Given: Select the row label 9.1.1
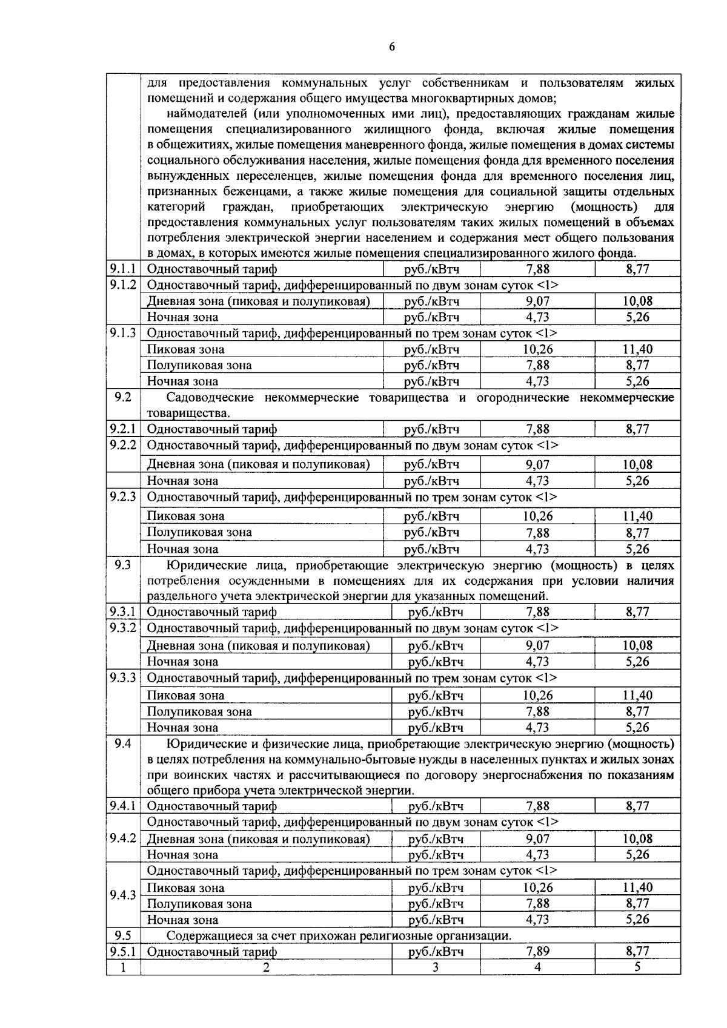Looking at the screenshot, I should coord(123,269).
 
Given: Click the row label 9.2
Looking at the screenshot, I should coord(123,398).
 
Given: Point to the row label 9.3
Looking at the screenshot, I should coord(123,565).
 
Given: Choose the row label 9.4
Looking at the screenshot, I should coord(123,743).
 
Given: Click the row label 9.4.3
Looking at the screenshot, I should coord(123,895).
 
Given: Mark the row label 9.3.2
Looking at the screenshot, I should coord(123,628).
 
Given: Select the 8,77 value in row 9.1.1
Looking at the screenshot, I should coord(637,269).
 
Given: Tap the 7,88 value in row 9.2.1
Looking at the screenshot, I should coord(537,429).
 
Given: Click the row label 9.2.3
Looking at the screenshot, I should coord(123,497).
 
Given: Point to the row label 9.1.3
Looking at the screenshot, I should coord(123,333).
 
